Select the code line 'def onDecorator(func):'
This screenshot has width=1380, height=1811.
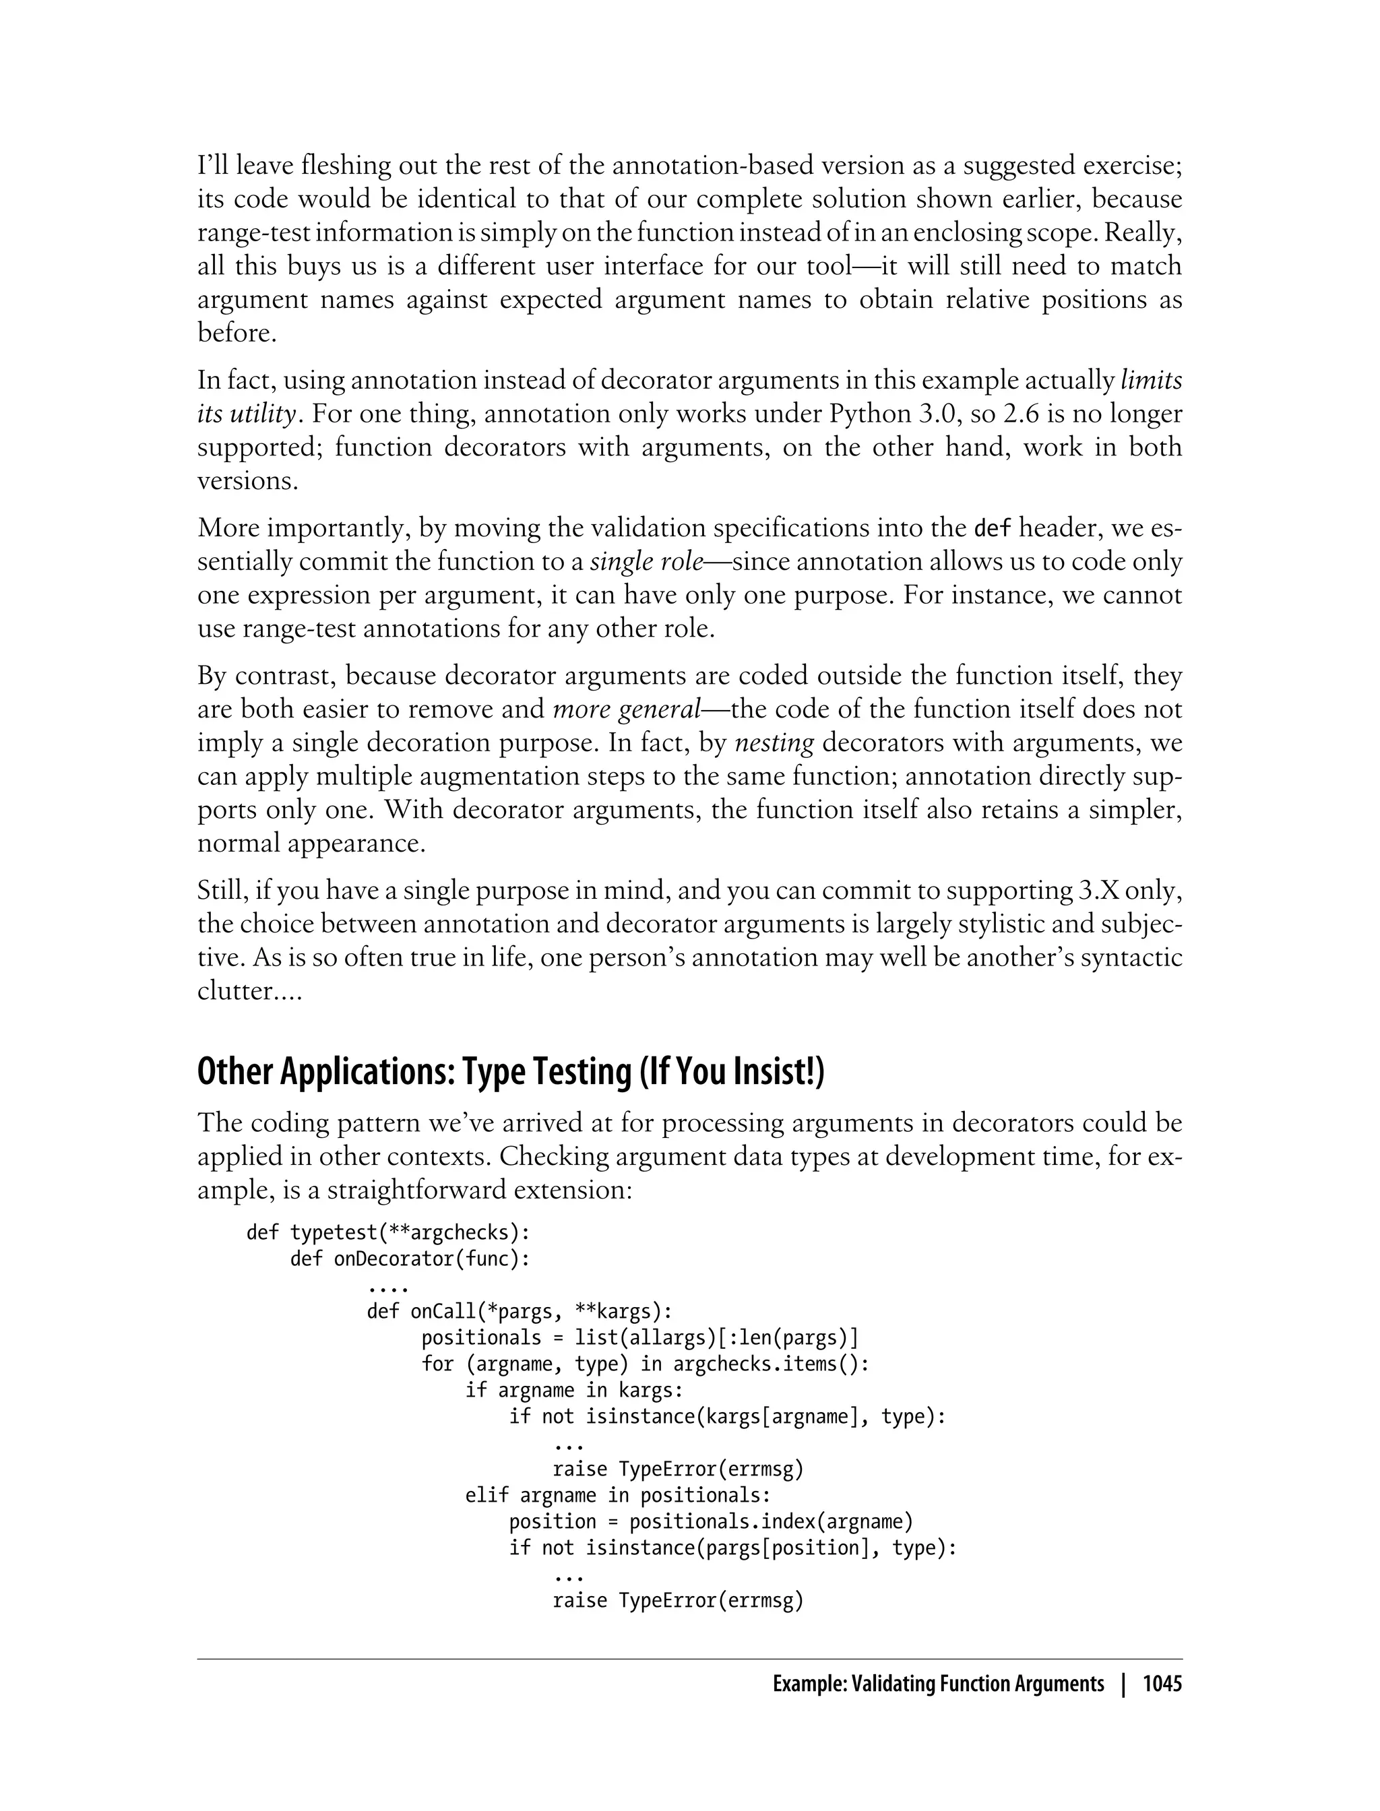click(x=410, y=1259)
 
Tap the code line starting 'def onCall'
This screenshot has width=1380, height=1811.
click(x=519, y=1312)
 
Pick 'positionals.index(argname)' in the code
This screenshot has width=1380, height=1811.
click(x=770, y=1521)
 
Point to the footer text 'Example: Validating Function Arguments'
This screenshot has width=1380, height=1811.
click(x=938, y=1684)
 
